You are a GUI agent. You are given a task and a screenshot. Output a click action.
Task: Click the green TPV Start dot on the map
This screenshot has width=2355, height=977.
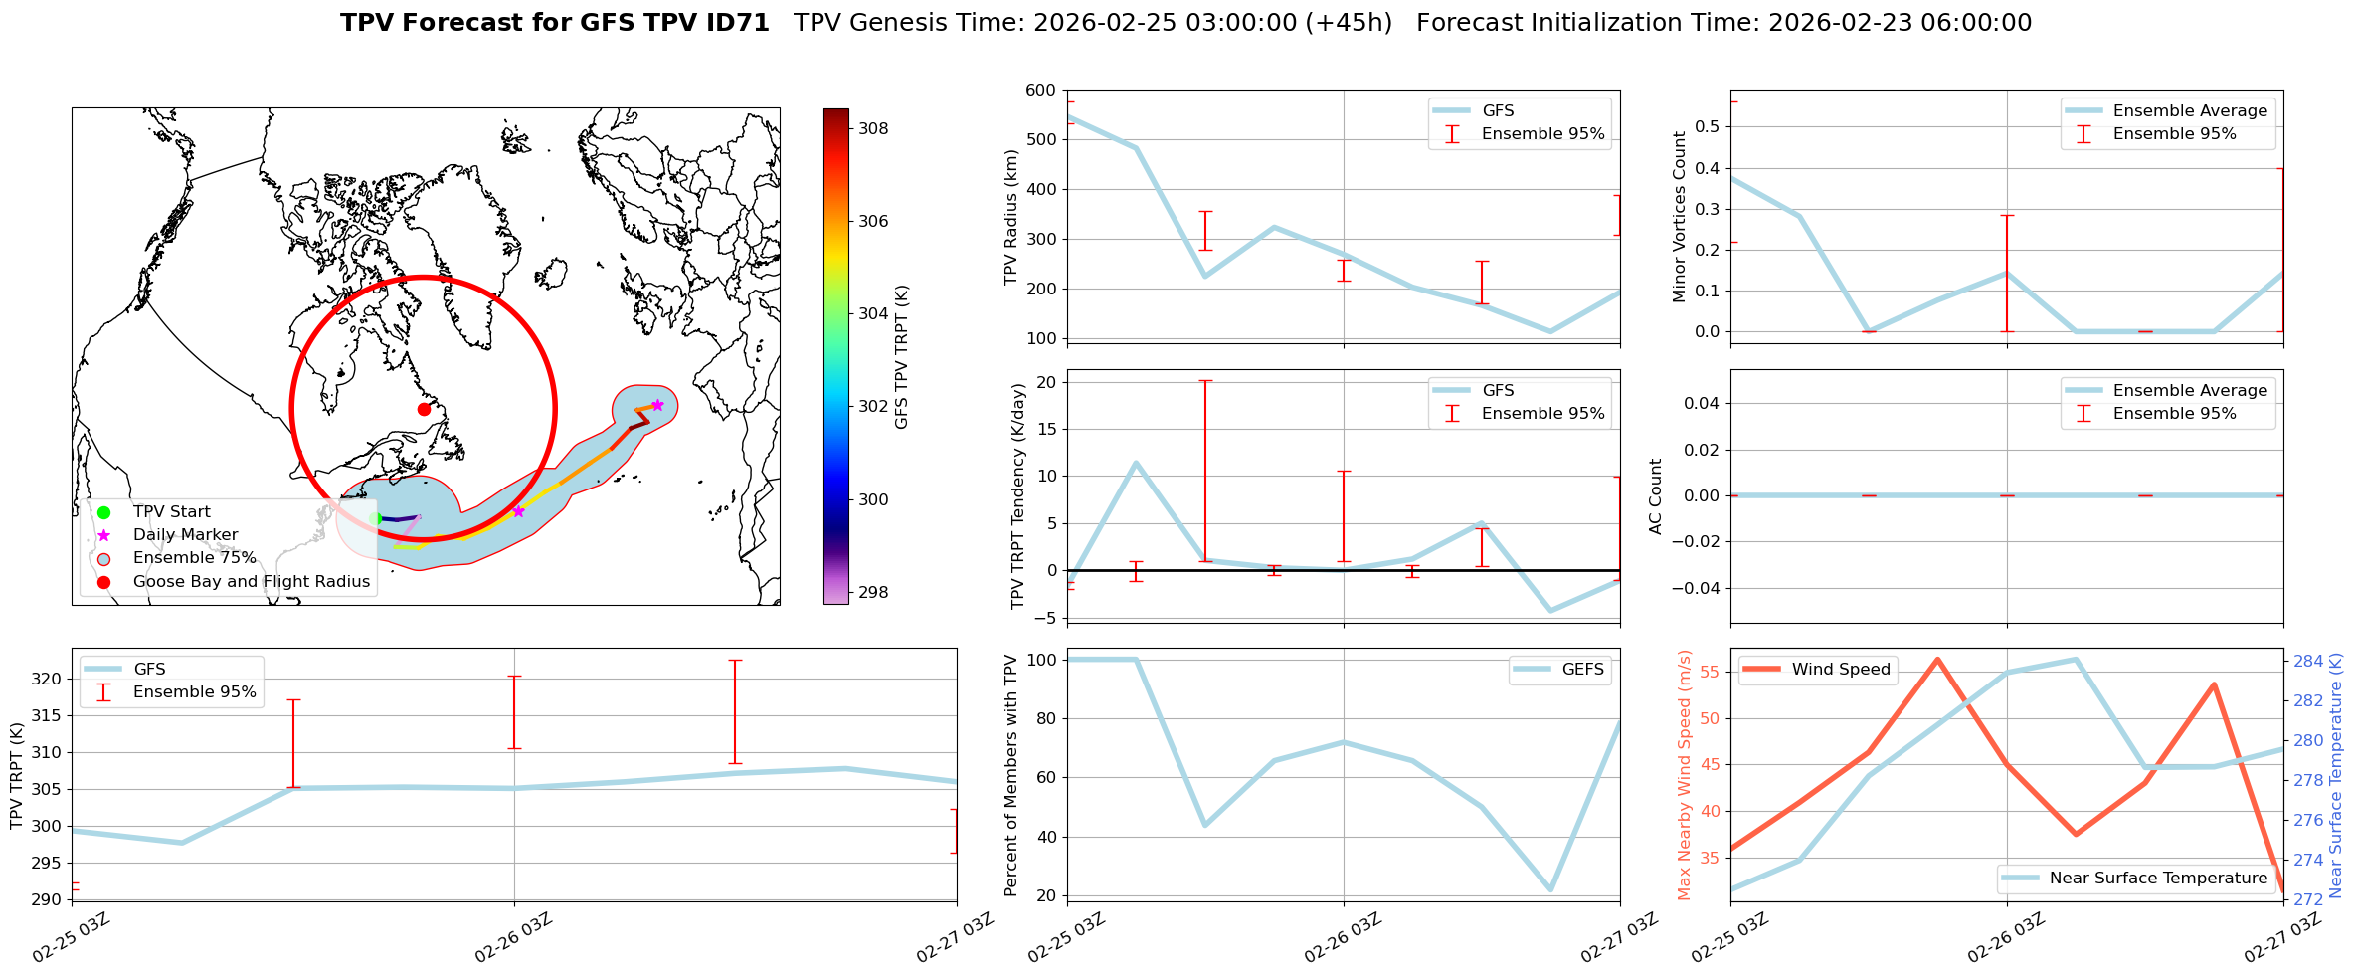tap(375, 518)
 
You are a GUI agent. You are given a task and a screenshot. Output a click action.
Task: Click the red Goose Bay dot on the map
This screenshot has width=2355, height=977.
tap(424, 409)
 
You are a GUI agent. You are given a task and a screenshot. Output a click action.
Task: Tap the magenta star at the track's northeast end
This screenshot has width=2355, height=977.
tap(657, 405)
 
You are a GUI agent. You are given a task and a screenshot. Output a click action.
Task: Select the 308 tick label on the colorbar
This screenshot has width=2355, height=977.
tap(873, 128)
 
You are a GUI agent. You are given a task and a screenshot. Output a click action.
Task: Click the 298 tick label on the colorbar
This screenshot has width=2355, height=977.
tap(873, 592)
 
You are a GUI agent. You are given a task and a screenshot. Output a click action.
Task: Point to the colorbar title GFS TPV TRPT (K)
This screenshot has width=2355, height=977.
tap(902, 357)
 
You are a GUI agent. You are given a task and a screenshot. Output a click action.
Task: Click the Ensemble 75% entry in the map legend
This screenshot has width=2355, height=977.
tap(194, 558)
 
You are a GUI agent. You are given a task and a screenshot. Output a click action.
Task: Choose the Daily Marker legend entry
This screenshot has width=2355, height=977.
tap(185, 535)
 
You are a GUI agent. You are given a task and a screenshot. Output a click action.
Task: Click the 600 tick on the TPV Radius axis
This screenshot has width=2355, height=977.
tap(1040, 90)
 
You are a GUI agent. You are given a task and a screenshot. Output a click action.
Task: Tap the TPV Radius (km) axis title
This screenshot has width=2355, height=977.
tap(1011, 217)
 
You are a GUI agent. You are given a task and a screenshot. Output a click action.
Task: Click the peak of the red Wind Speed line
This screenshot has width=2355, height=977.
tap(1937, 659)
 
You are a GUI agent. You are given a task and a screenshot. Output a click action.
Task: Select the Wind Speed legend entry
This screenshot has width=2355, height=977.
tap(1840, 670)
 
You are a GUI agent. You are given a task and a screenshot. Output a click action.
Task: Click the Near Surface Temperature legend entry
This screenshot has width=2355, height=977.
tap(2158, 879)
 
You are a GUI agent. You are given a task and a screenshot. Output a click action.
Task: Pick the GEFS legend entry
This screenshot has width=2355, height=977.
tap(1582, 670)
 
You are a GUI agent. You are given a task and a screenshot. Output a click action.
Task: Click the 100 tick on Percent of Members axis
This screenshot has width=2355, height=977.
tap(1040, 660)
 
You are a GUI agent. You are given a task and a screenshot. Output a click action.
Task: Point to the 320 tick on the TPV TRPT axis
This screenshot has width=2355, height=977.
tap(48, 680)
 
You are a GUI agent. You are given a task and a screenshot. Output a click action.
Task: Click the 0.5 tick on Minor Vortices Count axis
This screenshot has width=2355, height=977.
tap(1706, 126)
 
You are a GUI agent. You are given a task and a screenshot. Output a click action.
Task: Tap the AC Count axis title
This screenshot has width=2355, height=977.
tap(1656, 496)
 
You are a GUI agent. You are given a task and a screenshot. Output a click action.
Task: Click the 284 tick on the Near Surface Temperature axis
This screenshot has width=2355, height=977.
tap(2309, 661)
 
